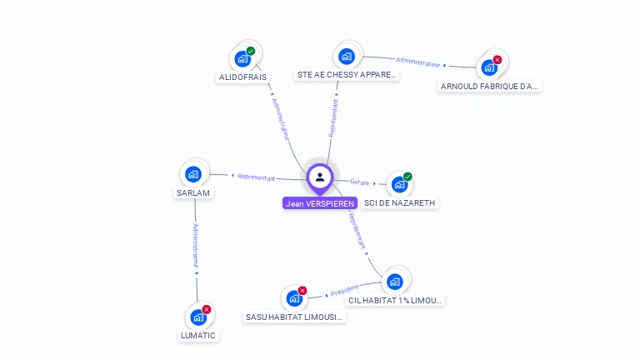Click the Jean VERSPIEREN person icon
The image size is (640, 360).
pyautogui.click(x=320, y=177)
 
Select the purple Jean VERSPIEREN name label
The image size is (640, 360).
pyautogui.click(x=320, y=203)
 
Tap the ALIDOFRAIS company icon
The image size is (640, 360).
pyautogui.click(x=242, y=58)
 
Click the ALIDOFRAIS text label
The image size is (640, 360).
pyautogui.click(x=242, y=77)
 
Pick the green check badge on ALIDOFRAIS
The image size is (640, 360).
pyautogui.click(x=251, y=51)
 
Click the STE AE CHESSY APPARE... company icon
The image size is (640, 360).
pyautogui.click(x=347, y=57)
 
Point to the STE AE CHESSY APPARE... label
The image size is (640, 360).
pyautogui.click(x=347, y=75)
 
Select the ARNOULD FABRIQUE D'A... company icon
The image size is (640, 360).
pyautogui.click(x=489, y=67)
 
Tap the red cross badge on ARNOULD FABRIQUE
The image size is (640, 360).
pyautogui.click(x=497, y=59)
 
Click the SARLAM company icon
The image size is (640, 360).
pyautogui.click(x=193, y=174)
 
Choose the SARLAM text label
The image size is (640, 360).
pyautogui.click(x=193, y=193)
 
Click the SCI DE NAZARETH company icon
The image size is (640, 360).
pyautogui.click(x=399, y=184)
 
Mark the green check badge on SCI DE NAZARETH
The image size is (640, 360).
pyautogui.click(x=407, y=177)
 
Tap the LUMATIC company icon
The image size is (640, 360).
pyautogui.click(x=198, y=317)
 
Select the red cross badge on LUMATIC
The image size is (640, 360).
pyautogui.click(x=207, y=309)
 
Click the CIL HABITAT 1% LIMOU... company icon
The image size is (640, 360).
pyautogui.click(x=395, y=281)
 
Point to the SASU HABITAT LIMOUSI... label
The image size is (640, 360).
pyautogui.click(x=295, y=317)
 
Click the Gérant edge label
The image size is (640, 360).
pyautogui.click(x=359, y=182)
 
